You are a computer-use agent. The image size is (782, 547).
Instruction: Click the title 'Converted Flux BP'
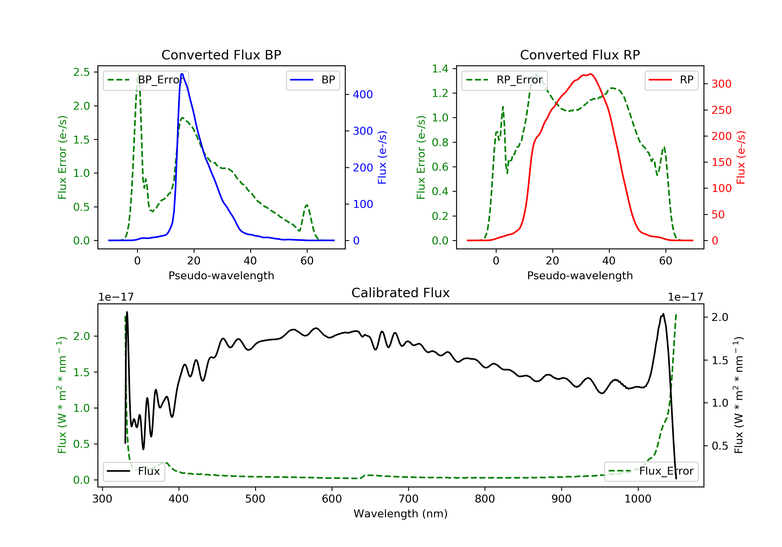click(221, 55)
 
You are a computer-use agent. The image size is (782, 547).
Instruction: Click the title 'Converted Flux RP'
click(580, 55)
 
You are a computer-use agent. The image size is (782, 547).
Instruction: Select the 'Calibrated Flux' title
click(401, 293)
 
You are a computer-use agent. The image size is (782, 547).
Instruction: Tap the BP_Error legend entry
click(146, 80)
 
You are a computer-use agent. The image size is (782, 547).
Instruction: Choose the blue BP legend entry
click(313, 80)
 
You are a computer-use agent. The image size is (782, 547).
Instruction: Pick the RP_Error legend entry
click(504, 80)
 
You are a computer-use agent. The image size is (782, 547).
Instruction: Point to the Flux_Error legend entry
click(651, 471)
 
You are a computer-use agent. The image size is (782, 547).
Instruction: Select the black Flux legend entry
click(133, 471)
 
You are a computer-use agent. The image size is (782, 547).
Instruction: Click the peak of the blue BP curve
click(182, 74)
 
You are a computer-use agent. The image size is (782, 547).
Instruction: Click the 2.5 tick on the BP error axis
click(82, 72)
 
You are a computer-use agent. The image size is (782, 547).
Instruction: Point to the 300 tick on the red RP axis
click(721, 84)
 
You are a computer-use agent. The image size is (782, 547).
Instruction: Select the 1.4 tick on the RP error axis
click(440, 69)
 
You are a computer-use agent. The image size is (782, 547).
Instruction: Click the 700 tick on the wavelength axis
click(408, 499)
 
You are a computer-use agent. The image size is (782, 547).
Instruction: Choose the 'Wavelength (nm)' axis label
click(401, 514)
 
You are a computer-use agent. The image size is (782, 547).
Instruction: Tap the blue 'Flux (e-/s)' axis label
click(382, 157)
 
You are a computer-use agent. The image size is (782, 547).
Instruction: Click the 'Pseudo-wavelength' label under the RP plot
click(580, 275)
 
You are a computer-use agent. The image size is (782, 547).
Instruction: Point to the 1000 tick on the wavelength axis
click(638, 499)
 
